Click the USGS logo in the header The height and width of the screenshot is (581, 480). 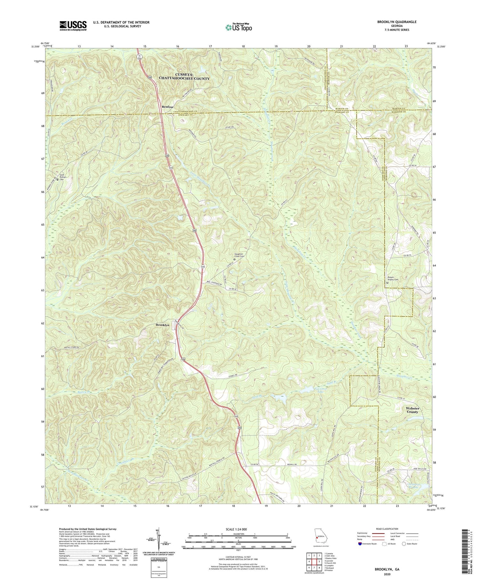(73, 26)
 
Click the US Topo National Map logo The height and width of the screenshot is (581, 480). (238, 28)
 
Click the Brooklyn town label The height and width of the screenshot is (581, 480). (162, 325)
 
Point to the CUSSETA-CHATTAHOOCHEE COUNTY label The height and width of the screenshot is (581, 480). (184, 77)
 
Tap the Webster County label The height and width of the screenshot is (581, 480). (412, 410)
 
